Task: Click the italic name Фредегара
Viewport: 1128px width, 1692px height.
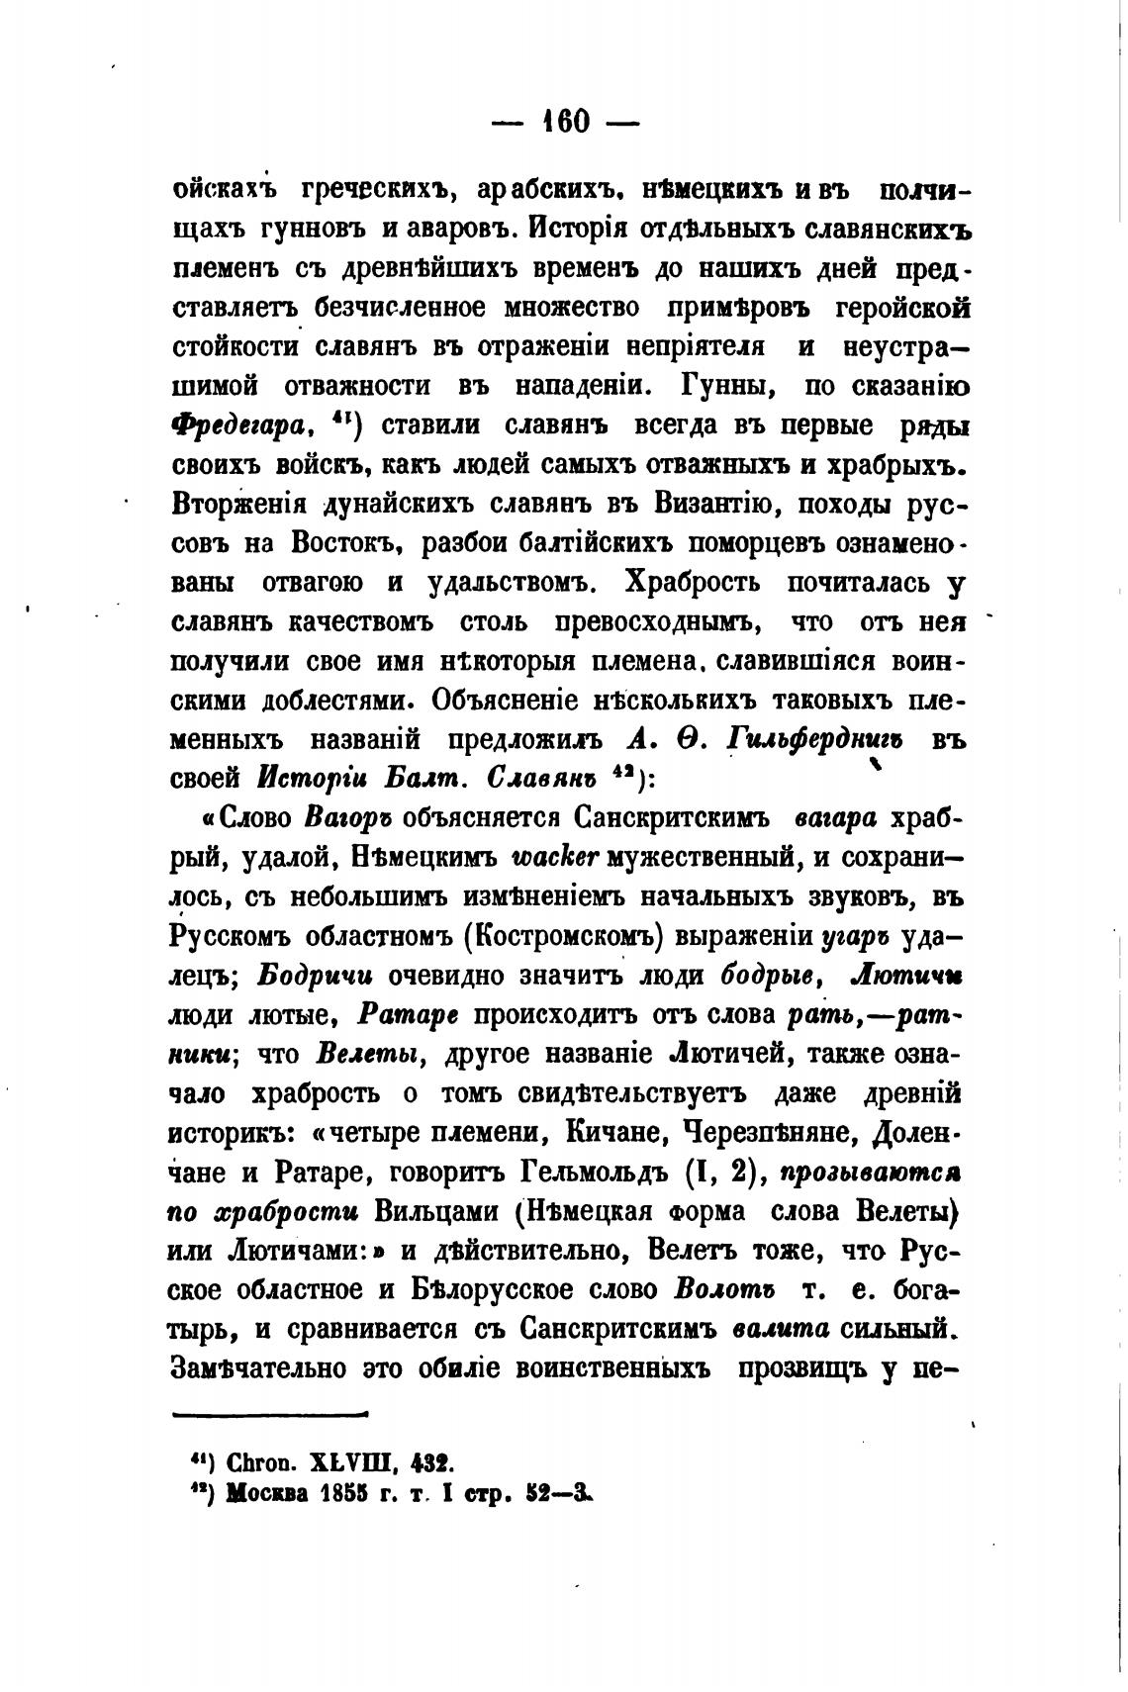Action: [x=235, y=426]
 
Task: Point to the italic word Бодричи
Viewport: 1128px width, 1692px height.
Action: [x=315, y=975]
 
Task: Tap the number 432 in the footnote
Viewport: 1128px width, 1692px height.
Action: [x=431, y=1461]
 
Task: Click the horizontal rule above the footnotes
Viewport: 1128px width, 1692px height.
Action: [x=269, y=1414]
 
